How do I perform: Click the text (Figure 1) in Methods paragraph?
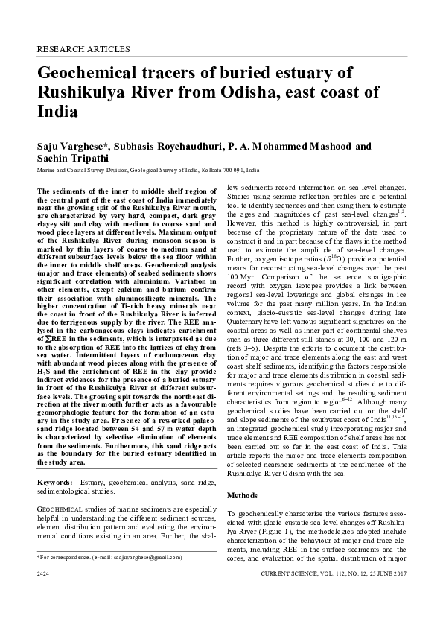[270, 522]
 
